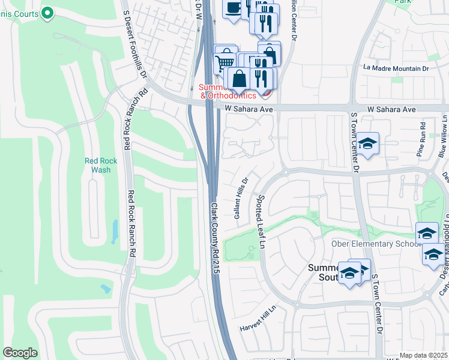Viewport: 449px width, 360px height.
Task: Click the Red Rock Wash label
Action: (101, 165)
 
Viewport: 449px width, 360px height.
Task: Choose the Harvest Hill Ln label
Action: (258, 319)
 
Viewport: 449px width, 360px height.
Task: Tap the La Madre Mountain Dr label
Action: (396, 69)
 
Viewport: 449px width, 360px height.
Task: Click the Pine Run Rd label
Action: (423, 140)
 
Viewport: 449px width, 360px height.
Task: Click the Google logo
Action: (20, 353)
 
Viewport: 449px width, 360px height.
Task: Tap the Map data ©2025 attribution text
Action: (423, 355)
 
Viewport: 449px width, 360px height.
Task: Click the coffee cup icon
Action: (233, 8)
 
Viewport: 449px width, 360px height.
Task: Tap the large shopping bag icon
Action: (239, 79)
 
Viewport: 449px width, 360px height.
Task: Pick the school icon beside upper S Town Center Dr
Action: (368, 144)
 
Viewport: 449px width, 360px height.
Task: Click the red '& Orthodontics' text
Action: (228, 95)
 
